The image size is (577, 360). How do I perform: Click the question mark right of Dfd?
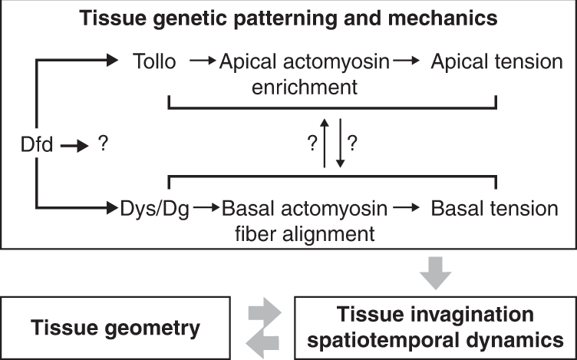click(x=101, y=142)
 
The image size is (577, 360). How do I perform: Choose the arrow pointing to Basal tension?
click(x=410, y=209)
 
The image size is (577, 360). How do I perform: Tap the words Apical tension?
click(x=496, y=61)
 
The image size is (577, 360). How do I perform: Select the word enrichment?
click(x=307, y=86)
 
